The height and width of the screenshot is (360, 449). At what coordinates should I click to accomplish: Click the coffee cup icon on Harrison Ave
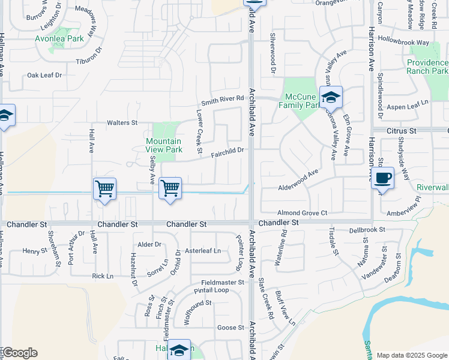[382, 178]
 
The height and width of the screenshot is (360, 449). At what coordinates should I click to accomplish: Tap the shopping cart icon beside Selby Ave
[170, 188]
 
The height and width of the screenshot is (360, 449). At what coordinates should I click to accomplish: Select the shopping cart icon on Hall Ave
[104, 188]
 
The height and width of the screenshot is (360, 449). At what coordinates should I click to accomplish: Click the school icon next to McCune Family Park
[331, 97]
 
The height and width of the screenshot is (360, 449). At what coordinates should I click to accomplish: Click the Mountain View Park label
[164, 145]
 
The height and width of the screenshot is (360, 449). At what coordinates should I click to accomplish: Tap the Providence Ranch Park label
[427, 67]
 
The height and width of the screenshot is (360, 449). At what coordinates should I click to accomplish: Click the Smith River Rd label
[223, 99]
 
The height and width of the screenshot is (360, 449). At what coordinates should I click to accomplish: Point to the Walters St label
[122, 122]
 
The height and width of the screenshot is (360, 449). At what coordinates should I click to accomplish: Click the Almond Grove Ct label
[302, 213]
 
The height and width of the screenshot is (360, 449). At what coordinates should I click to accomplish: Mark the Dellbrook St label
[367, 229]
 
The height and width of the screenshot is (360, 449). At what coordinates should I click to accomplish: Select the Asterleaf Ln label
[202, 250]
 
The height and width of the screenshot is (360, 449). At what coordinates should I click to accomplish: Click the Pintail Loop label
[211, 290]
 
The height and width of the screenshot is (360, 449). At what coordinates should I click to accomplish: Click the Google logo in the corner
[20, 353]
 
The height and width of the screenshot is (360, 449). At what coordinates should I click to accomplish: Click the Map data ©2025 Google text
[411, 355]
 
